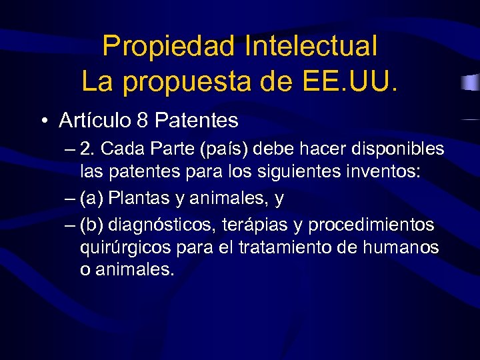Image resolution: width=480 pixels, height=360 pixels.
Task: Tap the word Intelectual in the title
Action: point(311,47)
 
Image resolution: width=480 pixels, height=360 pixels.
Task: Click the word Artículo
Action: point(94,120)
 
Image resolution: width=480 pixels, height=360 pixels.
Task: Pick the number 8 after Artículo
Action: point(141,121)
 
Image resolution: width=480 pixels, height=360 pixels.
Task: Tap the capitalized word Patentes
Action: point(196,121)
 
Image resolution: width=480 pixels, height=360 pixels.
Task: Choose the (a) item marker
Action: point(91,198)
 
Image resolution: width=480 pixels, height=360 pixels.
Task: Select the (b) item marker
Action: point(91,225)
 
